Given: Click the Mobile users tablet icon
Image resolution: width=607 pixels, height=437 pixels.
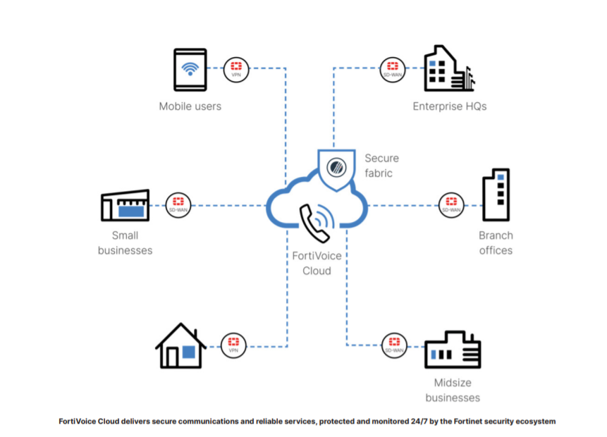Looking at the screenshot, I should tap(189, 69).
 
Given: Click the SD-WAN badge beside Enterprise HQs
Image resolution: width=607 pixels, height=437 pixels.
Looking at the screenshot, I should tap(391, 68).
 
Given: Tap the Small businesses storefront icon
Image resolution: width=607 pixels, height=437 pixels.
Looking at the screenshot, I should tap(125, 204).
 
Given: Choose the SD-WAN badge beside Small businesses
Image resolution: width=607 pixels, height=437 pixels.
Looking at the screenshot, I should tap(177, 205).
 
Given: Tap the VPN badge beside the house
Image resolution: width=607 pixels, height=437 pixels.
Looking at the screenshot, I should tap(233, 345).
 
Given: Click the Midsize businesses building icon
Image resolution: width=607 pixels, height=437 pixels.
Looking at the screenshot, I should tap(452, 350).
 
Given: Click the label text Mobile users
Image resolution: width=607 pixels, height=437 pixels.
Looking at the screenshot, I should tap(190, 106).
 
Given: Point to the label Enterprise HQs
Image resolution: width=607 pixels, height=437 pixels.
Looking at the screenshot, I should tap(450, 106).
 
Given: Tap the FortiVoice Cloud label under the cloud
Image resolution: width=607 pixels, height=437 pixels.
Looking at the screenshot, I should tap(311, 264).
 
